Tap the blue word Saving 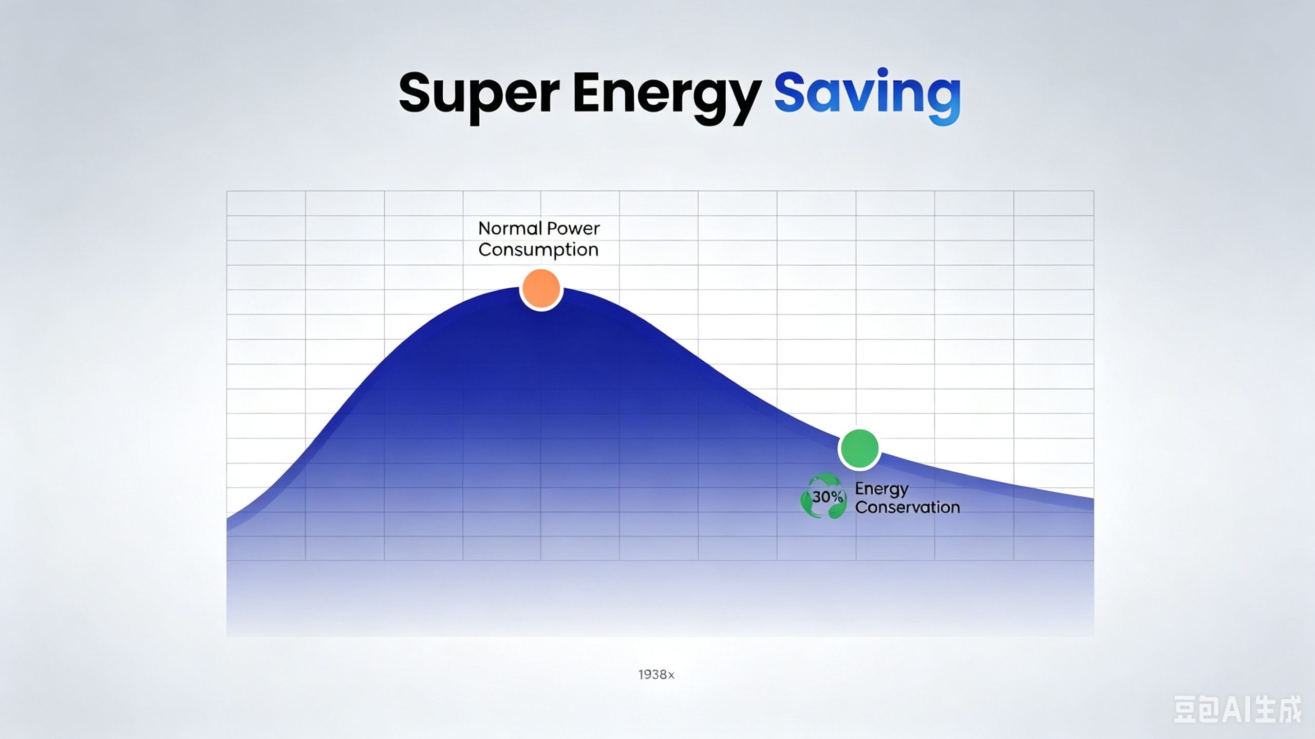tap(867, 96)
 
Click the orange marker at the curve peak tap(541, 289)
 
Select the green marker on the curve tap(859, 449)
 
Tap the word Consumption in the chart tap(538, 250)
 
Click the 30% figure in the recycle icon tap(827, 497)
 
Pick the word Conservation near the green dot tap(907, 508)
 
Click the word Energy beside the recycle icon tap(881, 489)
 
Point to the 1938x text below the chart tap(656, 675)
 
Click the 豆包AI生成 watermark tap(1237, 709)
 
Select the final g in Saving tap(942, 101)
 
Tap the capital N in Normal tap(485, 228)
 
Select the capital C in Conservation tap(861, 508)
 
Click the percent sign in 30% tap(837, 497)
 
